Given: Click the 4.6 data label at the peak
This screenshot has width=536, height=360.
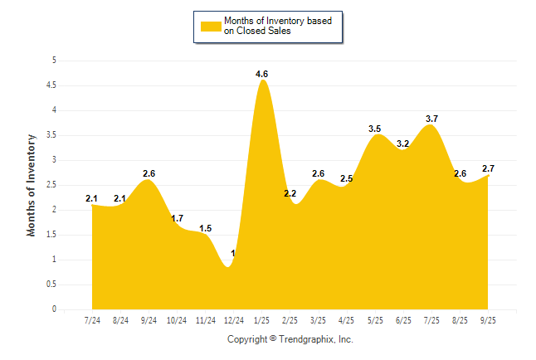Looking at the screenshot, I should pyautogui.click(x=262, y=74).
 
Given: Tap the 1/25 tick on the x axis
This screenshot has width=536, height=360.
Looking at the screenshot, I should pyautogui.click(x=262, y=320).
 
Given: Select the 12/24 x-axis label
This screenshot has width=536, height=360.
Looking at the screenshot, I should pyautogui.click(x=233, y=320).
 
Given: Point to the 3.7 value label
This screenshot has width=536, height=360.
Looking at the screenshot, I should pyautogui.click(x=431, y=119).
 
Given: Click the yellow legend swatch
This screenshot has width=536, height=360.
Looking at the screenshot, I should pyautogui.click(x=211, y=26).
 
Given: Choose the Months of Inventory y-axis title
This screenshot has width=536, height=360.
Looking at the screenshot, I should pyautogui.click(x=32, y=185).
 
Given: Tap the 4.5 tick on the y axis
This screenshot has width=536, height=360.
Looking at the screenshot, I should pyautogui.click(x=51, y=85).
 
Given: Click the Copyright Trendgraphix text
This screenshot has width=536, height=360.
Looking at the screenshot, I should pyautogui.click(x=290, y=339).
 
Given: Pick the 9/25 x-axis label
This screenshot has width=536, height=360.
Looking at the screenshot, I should pyautogui.click(x=489, y=320).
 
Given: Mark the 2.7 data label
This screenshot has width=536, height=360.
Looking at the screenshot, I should pyautogui.click(x=487, y=168).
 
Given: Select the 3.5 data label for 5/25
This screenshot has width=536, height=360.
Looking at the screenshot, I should pyautogui.click(x=375, y=129).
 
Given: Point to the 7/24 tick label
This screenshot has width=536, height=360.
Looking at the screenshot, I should pyautogui.click(x=92, y=320).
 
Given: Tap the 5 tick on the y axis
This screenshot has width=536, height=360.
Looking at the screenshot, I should pyautogui.click(x=54, y=61).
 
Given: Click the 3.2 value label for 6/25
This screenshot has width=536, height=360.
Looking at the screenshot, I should pyautogui.click(x=403, y=144).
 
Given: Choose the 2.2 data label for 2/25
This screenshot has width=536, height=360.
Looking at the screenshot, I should pyautogui.click(x=290, y=193).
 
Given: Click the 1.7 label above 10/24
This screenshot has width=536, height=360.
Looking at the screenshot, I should pyautogui.click(x=177, y=218).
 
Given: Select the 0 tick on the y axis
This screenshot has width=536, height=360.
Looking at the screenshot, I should pyautogui.click(x=54, y=309).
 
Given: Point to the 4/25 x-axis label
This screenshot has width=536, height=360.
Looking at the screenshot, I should pyautogui.click(x=347, y=320).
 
